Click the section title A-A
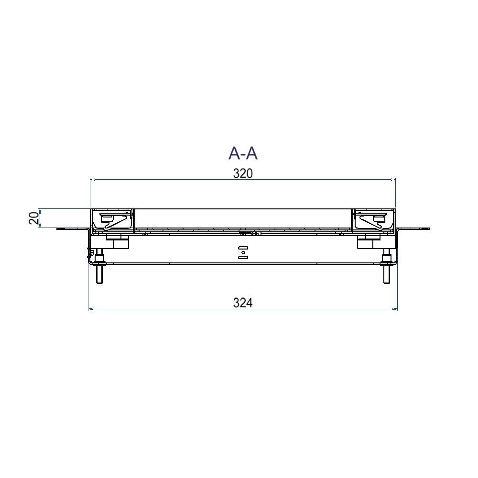click(x=243, y=153)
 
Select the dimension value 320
click(x=243, y=174)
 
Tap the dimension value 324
click(x=243, y=303)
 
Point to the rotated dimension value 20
click(x=34, y=218)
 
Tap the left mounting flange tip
click(x=57, y=228)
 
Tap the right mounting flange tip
click(x=429, y=228)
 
